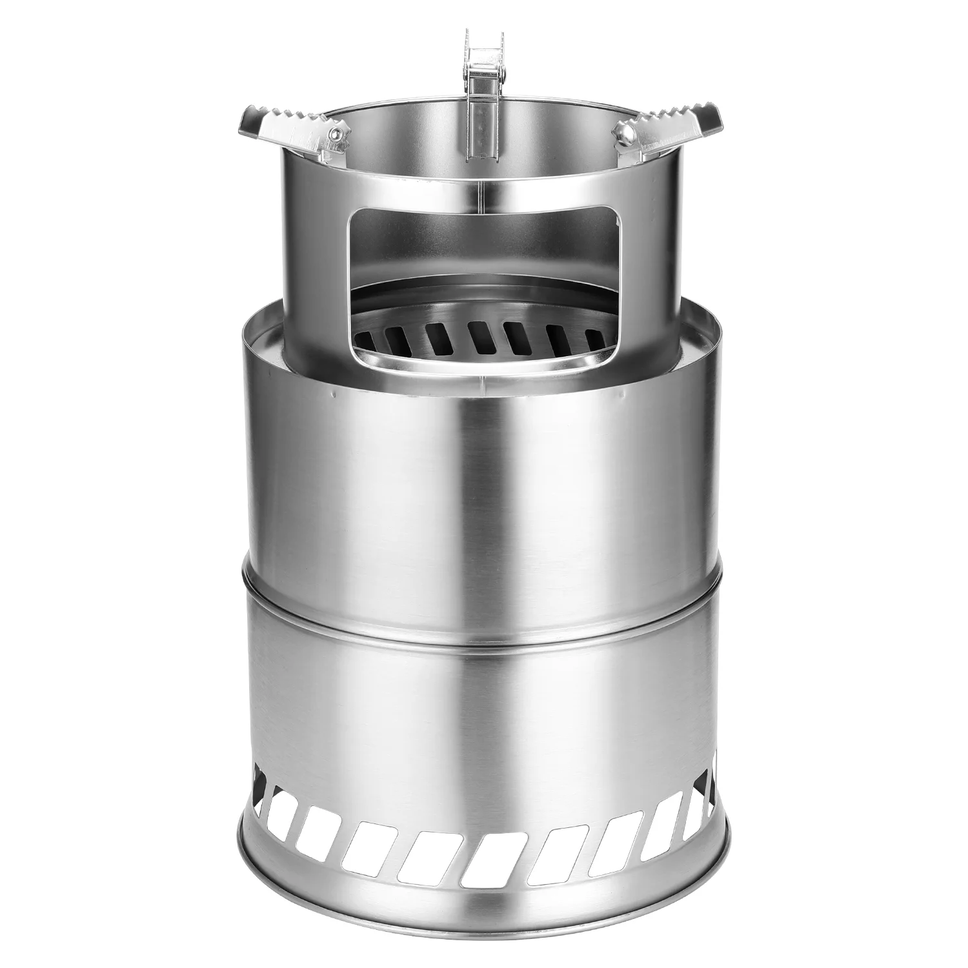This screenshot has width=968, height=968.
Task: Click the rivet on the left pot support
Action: coord(334,134)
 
